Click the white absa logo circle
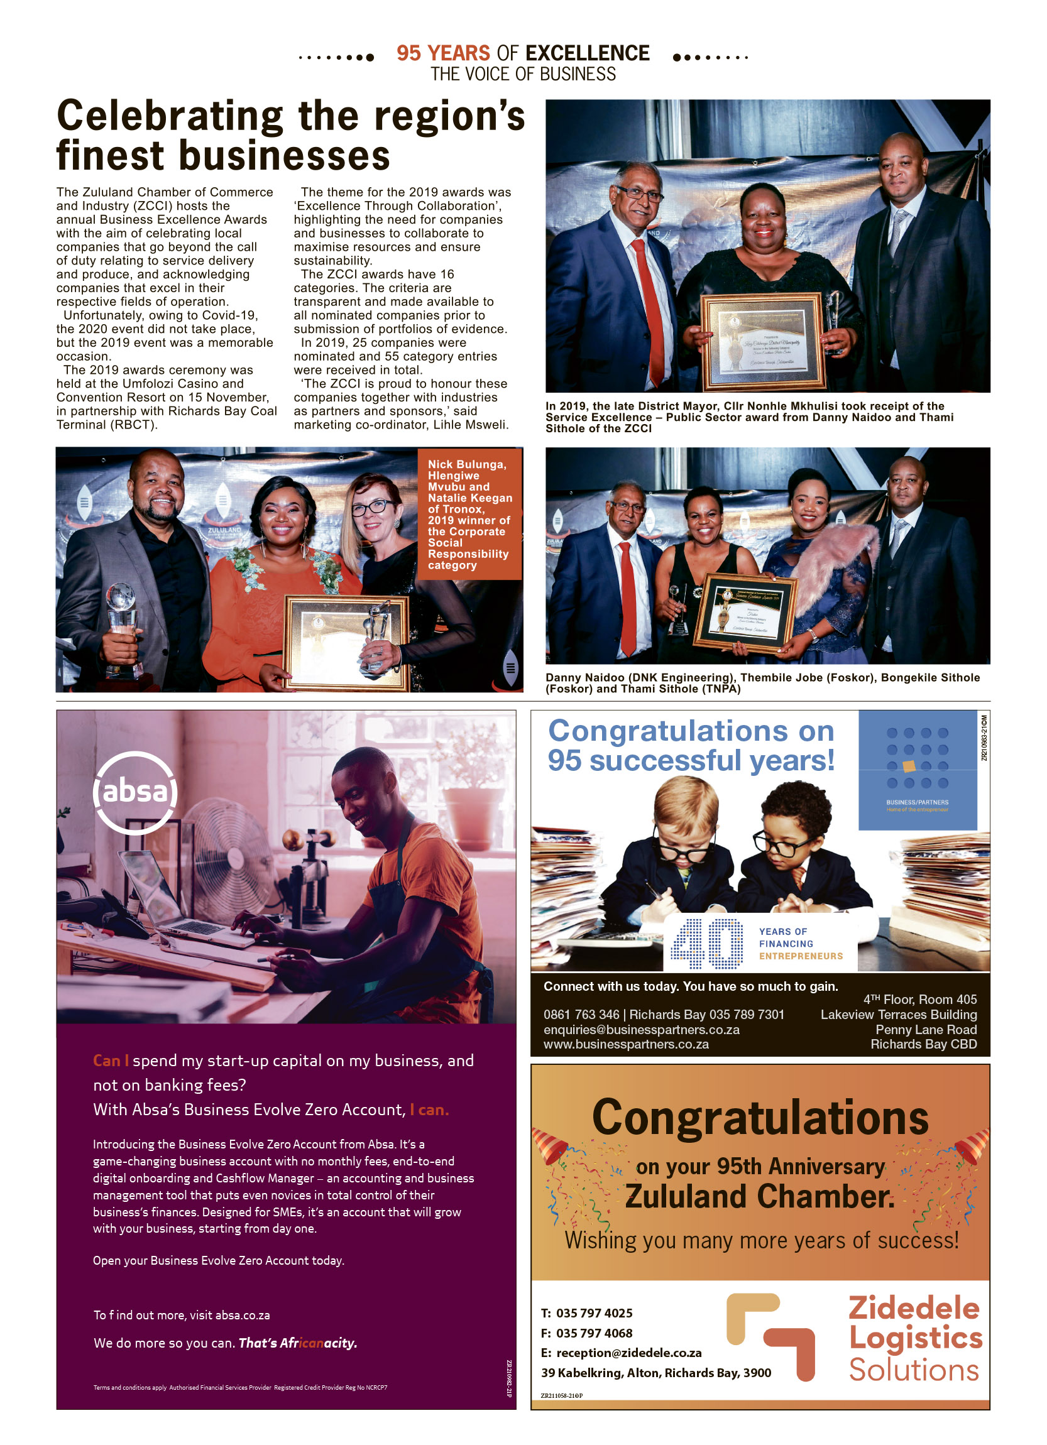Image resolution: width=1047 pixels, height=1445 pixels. [135, 792]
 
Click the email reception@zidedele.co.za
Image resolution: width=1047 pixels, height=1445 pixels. [628, 1352]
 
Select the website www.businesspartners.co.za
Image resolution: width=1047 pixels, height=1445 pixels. [626, 1044]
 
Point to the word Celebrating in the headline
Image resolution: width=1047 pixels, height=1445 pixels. [170, 117]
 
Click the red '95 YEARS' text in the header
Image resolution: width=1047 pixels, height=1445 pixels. [444, 53]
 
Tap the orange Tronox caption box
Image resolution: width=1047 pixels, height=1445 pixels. [469, 514]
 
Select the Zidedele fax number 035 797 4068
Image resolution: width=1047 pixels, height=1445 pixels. [594, 1333]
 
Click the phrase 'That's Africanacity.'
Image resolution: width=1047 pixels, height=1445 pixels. [298, 1343]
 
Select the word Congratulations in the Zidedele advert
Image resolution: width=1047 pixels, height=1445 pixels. [760, 1118]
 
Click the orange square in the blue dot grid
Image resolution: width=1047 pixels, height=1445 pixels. [909, 766]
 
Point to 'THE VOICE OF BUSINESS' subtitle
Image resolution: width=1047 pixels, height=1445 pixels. [523, 75]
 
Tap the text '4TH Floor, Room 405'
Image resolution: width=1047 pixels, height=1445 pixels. [919, 999]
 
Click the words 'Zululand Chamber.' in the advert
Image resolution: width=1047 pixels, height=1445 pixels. [760, 1196]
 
